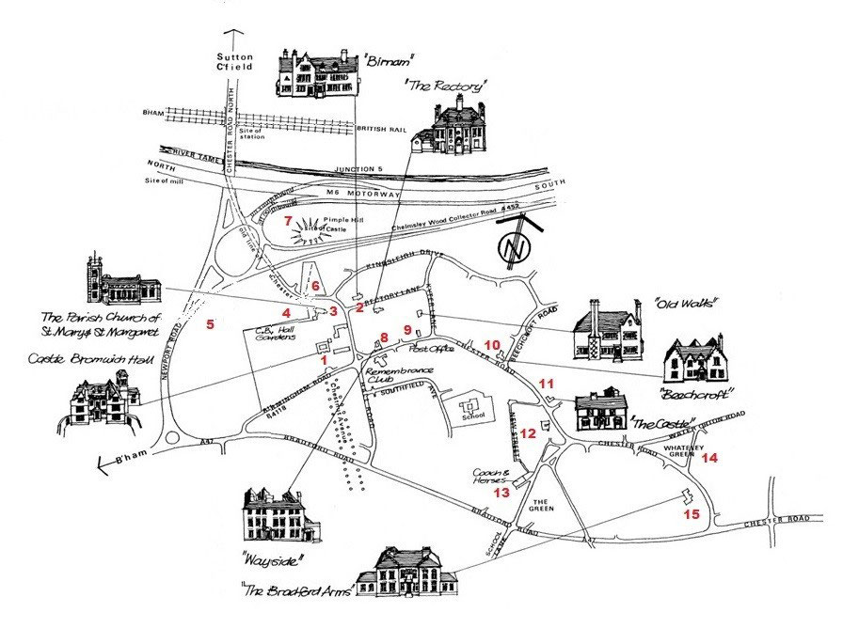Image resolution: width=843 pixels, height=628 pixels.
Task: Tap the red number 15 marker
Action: coord(692,514)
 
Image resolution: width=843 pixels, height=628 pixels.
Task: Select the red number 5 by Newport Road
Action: coord(211,324)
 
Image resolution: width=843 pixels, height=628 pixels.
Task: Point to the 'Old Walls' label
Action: coord(686,304)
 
